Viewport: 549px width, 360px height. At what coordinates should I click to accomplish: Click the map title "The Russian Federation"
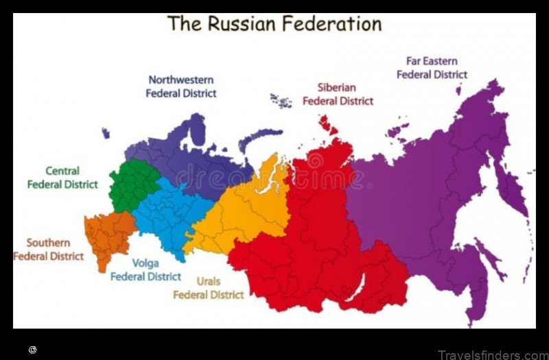(274, 23)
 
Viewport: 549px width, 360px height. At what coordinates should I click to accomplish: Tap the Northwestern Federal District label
(181, 86)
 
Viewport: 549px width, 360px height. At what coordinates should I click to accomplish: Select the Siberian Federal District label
(338, 94)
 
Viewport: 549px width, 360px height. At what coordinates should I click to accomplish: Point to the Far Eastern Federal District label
(432, 68)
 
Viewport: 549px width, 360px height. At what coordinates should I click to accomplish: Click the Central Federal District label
(62, 178)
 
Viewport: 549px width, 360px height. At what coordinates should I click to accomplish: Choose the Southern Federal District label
(48, 250)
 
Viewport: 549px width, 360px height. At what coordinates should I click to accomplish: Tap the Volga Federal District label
(145, 269)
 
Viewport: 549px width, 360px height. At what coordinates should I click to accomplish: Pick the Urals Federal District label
(208, 288)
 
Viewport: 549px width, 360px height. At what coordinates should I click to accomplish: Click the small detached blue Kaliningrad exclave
(106, 133)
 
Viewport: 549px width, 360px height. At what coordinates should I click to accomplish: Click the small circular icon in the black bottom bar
(32, 350)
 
